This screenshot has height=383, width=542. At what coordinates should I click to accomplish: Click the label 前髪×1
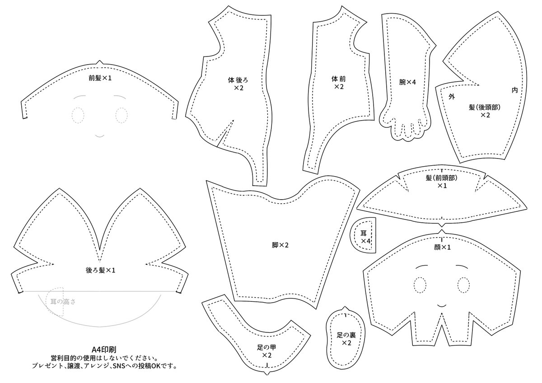(100, 78)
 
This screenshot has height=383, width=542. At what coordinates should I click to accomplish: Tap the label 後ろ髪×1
(101, 270)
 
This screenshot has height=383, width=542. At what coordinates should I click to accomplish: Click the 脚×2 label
(280, 245)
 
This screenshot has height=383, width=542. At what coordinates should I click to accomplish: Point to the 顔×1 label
(443, 247)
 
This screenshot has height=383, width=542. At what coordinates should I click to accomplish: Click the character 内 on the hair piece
(514, 90)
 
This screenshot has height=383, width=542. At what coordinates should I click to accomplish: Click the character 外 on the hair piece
(451, 96)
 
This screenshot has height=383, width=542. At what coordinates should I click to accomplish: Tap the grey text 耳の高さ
(63, 300)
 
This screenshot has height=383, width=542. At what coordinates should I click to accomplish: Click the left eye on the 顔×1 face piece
(420, 285)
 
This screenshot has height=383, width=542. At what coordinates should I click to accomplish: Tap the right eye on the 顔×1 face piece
(464, 285)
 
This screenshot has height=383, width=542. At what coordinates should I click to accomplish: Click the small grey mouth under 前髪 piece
(100, 135)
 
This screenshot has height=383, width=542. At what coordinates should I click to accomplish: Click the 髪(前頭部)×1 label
(442, 182)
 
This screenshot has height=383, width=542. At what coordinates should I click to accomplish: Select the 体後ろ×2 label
(238, 84)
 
